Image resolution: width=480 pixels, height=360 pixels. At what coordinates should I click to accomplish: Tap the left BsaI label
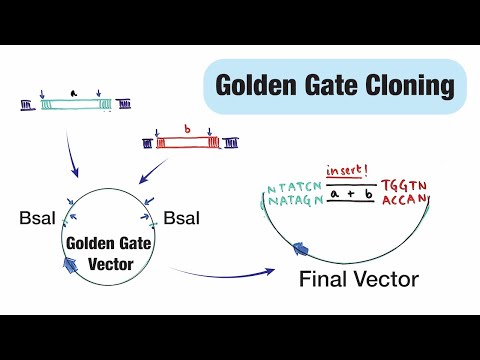(x=37, y=217)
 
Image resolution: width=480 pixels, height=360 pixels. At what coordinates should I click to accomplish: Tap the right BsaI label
(x=183, y=217)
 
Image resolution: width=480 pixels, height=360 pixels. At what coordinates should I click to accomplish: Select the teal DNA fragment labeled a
(x=71, y=103)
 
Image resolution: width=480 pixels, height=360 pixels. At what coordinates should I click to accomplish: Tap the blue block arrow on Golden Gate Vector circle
(x=71, y=265)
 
